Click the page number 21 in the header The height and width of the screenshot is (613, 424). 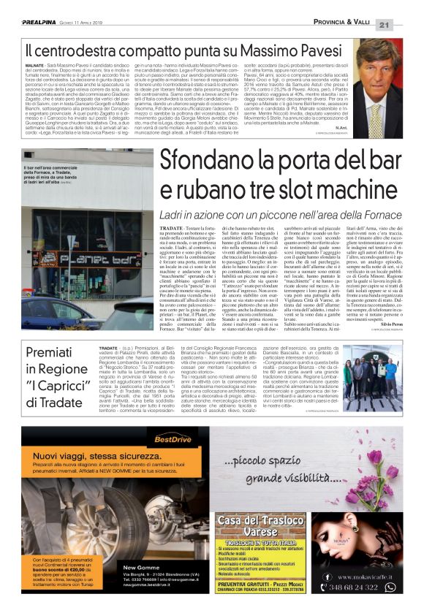coord(404,25)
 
